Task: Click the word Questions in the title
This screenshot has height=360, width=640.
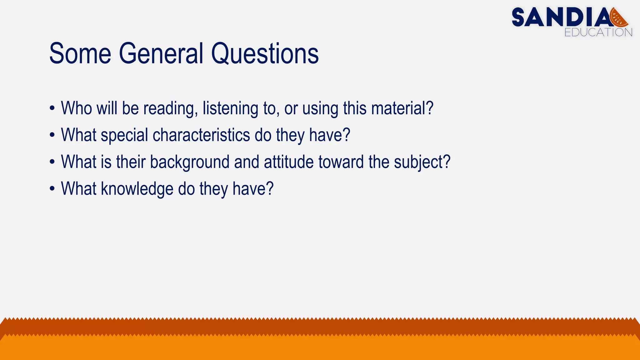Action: [265, 54]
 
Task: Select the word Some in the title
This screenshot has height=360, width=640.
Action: [80, 54]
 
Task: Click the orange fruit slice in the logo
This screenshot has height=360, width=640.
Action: [619, 18]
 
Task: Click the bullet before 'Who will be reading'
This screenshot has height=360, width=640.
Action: [52, 108]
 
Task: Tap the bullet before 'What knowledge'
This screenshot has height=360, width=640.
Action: [52, 189]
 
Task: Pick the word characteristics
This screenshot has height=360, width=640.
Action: [201, 135]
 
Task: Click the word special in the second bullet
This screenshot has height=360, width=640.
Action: [124, 135]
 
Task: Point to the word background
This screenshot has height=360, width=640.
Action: [190, 162]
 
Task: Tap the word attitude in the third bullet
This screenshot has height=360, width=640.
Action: [289, 162]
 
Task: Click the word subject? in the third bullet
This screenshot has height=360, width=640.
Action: [422, 162]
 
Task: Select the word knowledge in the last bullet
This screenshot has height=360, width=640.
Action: [137, 189]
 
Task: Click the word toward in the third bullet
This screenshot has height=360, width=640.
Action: [341, 162]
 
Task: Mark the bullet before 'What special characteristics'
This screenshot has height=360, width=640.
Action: [52, 135]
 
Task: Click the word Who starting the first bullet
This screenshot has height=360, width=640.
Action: [76, 108]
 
